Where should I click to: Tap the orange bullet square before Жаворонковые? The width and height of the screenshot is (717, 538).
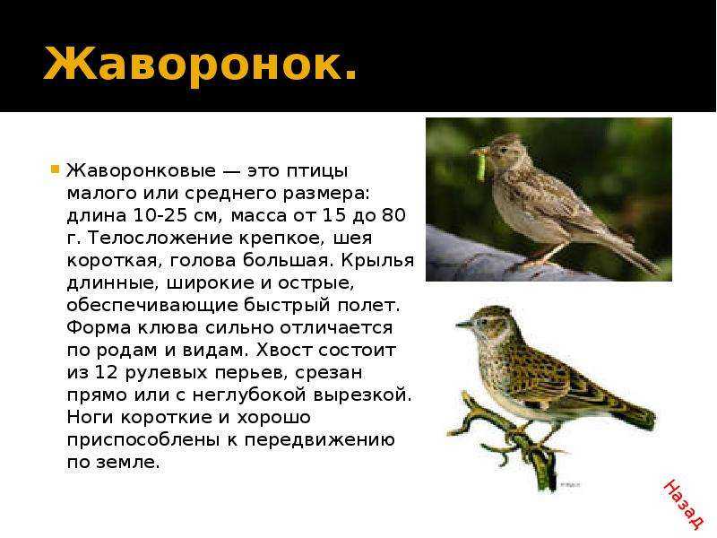56,169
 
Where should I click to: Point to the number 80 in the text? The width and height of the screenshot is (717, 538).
393,215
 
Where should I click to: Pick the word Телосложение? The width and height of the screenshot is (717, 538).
162,238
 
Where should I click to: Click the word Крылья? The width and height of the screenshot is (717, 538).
377,261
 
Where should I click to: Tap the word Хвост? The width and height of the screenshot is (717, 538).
284,350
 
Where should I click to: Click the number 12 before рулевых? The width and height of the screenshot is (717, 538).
106,372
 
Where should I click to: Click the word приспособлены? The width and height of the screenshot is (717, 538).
146,440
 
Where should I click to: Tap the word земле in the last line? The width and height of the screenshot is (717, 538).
127,462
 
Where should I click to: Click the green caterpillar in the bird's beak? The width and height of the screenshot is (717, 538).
481,165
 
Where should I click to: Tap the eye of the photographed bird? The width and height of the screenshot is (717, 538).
504,150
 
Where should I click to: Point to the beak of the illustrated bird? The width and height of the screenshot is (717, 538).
464,325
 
